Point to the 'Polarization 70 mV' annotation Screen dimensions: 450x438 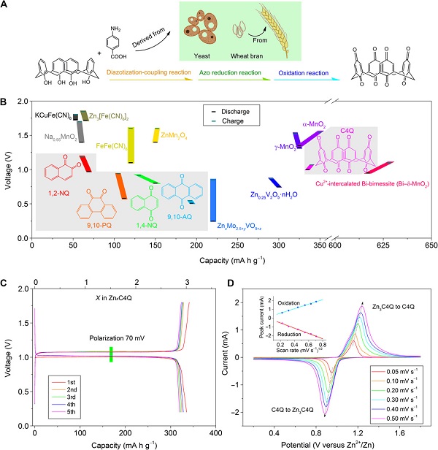[110, 339]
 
